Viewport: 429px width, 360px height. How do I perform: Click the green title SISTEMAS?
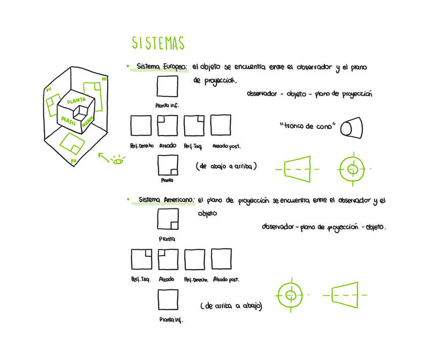[158, 43]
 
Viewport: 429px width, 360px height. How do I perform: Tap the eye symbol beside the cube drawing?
[119, 161]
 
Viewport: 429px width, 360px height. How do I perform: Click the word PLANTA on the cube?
[76, 100]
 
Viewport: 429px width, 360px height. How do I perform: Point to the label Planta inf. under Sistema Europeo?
[167, 106]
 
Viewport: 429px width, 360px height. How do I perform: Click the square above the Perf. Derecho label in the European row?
[141, 125]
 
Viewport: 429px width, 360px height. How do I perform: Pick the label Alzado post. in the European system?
[226, 146]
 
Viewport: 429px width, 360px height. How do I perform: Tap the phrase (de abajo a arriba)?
[226, 166]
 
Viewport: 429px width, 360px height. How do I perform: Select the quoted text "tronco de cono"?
[307, 126]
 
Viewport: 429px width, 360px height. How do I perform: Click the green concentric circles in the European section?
[353, 168]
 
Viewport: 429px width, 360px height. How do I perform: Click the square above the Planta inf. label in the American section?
[167, 299]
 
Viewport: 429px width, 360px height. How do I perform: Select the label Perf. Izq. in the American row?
[141, 279]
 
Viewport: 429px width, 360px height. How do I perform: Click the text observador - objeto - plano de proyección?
[309, 94]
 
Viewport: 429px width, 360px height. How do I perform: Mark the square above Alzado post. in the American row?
[221, 259]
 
